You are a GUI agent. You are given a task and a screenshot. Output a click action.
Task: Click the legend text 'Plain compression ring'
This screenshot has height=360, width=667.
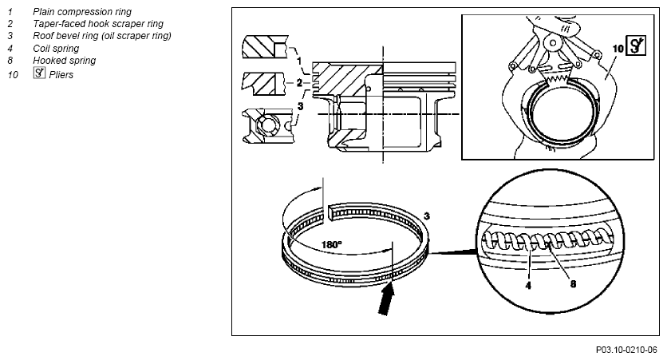tap(82, 12)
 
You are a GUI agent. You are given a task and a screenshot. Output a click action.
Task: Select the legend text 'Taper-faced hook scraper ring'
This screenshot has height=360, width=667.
tap(98, 24)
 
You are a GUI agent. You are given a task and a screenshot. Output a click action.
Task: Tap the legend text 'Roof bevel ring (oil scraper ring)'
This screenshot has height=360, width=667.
tap(102, 36)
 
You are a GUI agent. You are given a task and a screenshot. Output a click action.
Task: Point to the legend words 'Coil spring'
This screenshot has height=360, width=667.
tap(56, 49)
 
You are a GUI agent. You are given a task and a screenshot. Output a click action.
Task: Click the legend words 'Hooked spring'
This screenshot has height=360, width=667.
tap(65, 61)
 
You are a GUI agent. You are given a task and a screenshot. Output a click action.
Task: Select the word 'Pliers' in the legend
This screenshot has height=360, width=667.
tap(61, 75)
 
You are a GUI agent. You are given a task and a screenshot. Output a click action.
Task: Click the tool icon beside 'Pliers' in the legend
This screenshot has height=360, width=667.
tap(39, 73)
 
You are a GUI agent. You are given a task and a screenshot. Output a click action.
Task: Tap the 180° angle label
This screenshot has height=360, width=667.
tap(331, 245)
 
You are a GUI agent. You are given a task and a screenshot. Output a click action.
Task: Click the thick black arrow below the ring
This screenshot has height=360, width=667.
tap(387, 299)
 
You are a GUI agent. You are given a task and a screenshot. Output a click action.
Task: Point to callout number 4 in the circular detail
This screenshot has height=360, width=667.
tap(528, 286)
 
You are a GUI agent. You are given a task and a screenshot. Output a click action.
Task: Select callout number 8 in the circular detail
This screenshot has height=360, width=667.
tap(573, 284)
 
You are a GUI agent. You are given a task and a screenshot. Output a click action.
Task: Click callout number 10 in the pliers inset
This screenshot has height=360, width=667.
tap(618, 49)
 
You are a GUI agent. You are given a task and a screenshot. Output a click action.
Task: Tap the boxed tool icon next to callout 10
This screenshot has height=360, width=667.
tap(636, 45)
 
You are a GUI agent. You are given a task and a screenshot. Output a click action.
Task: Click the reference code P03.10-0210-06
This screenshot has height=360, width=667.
tap(626, 350)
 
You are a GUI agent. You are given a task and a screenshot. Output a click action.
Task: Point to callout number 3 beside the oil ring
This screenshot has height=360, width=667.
tap(427, 216)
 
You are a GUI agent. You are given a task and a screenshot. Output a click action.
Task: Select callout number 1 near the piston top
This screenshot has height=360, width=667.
tap(299, 60)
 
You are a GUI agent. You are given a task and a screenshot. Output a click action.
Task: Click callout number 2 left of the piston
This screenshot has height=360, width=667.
tap(299, 82)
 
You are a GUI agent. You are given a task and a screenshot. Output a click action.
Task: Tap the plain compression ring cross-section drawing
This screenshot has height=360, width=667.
tap(266, 47)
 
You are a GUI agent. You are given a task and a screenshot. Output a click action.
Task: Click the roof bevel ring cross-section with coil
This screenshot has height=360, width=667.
tap(267, 126)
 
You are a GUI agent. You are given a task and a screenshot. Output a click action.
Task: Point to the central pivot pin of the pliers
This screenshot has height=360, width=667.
tap(553, 43)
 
